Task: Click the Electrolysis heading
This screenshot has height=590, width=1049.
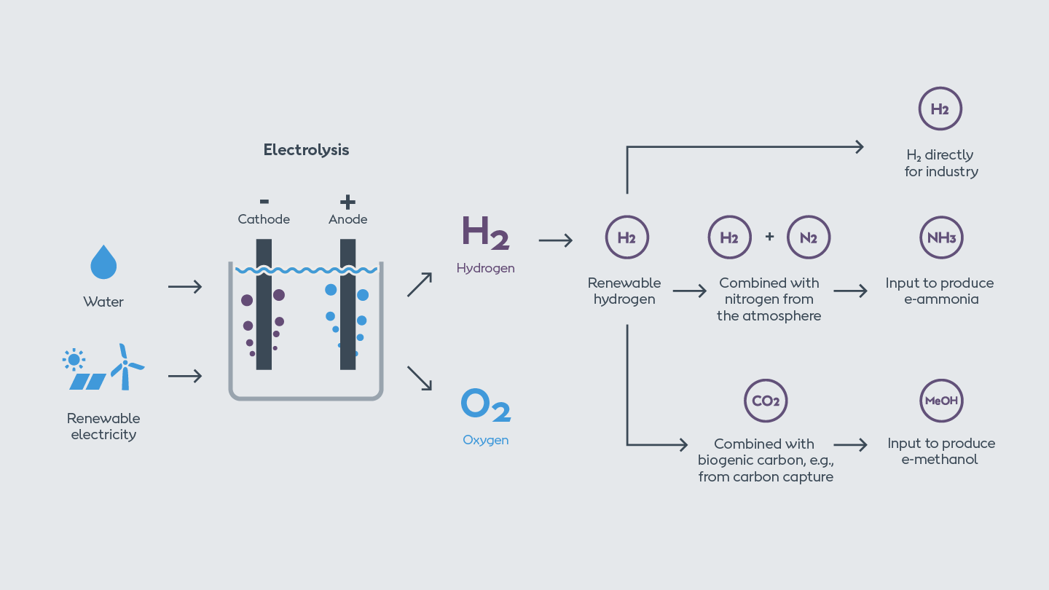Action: click(x=306, y=150)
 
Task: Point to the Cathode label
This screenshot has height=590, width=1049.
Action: click(x=264, y=219)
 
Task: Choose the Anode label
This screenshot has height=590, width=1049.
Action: click(x=347, y=219)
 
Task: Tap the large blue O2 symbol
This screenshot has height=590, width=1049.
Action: click(x=485, y=405)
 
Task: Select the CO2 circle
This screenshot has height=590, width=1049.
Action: click(x=766, y=401)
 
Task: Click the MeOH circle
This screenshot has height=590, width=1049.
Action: click(x=941, y=401)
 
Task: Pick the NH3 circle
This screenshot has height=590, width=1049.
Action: click(x=941, y=237)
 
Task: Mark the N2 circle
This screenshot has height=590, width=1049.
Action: click(x=809, y=237)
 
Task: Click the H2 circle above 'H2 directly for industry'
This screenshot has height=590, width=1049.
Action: click(x=940, y=109)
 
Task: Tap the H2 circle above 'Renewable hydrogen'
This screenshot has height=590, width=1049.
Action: click(x=626, y=237)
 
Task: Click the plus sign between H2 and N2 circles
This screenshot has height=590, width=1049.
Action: click(x=769, y=237)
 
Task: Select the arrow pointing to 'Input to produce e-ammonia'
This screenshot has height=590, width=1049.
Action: click(x=850, y=291)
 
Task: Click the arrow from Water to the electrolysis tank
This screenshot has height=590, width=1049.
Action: click(x=185, y=287)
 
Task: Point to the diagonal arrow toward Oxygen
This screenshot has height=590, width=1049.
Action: click(x=419, y=377)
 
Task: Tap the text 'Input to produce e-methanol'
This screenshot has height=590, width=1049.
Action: click(x=940, y=451)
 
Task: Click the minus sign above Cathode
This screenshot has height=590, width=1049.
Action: click(x=264, y=201)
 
